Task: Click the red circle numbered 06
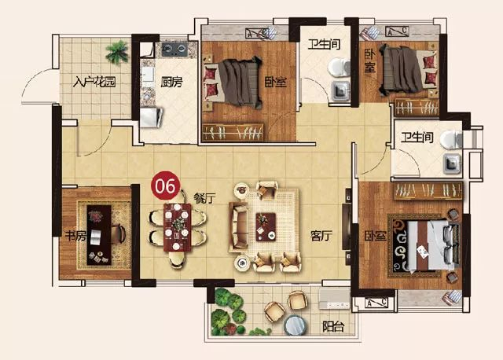166,186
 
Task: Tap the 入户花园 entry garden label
94,82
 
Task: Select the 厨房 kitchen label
171,83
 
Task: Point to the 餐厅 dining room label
204,199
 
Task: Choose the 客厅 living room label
321,236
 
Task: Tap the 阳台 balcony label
333,327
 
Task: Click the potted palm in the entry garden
117,52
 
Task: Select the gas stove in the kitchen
174,49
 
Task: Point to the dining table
177,227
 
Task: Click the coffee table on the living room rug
266,227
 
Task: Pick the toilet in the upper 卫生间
339,68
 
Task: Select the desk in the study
99,235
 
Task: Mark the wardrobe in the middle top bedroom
233,132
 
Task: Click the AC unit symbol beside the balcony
376,303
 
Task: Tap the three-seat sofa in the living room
238,227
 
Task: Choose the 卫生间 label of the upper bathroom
324,44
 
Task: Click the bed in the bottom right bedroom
431,245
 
